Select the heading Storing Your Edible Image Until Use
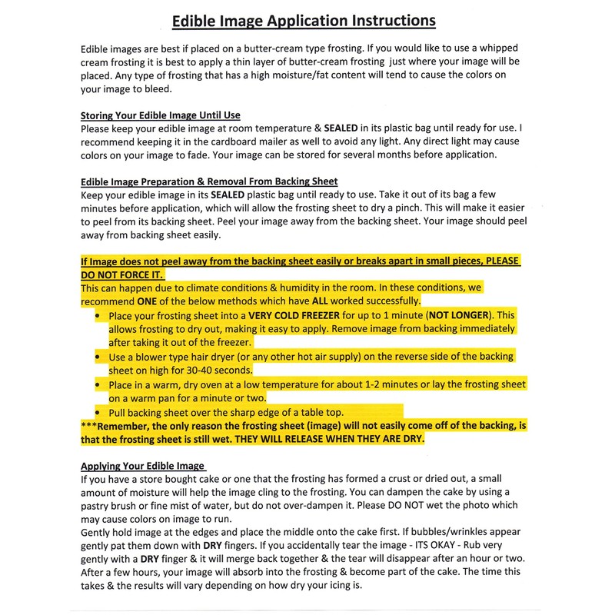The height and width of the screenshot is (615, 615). [x=161, y=115]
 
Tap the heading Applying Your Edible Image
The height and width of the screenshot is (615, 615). [x=143, y=466]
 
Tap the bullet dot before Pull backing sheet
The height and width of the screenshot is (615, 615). [x=98, y=413]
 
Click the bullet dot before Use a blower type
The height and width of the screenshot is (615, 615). [x=98, y=357]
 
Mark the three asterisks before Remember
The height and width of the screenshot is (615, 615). [x=89, y=426]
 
